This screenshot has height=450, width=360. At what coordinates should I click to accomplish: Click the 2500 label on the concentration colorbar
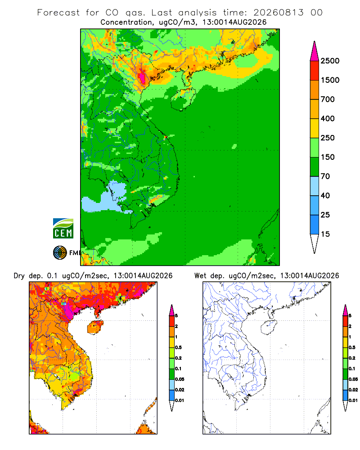point(330,61)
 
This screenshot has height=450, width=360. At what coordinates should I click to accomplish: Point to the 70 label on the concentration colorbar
point(325,176)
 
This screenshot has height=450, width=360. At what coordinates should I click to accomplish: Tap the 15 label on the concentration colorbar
point(325,234)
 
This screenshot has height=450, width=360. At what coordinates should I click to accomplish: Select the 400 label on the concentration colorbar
point(328,118)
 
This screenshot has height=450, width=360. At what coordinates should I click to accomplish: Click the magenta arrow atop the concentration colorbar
point(315,52)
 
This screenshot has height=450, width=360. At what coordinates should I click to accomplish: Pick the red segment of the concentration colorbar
point(315,71)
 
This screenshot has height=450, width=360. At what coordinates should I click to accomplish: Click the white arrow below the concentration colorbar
point(315,243)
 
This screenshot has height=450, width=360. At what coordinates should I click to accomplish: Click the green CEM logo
point(63,229)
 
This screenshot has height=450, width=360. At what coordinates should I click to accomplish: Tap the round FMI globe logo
point(60,252)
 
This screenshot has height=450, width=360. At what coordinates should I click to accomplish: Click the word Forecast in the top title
point(58,13)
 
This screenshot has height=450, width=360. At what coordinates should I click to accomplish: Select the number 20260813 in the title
point(278,13)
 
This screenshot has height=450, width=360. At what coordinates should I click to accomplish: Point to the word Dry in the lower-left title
point(19,276)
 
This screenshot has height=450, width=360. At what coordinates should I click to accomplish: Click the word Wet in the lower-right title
point(200,276)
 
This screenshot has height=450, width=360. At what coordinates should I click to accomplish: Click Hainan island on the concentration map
point(183,99)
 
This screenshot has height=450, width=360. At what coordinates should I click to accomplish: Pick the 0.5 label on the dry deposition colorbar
point(178,347)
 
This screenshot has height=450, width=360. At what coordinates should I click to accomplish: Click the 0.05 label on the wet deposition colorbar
point(353,379)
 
